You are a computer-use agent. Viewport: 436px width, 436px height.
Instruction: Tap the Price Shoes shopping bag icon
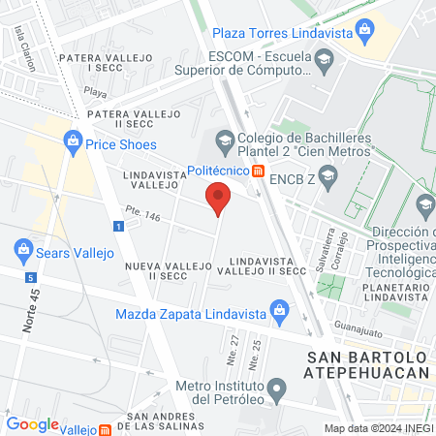pyautogui.click(x=73, y=141)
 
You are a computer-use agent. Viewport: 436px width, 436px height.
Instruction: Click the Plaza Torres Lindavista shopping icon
pyautogui.click(x=364, y=31)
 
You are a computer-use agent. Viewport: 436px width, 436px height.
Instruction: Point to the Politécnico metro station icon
pyautogui.click(x=258, y=171)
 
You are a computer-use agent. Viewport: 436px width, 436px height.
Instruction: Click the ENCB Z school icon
pyautogui.click(x=327, y=175)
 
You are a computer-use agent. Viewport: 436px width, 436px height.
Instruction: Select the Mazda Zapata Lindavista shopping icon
pyautogui.click(x=279, y=312)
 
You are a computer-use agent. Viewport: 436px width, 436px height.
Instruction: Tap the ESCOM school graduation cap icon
pyautogui.click(x=321, y=64)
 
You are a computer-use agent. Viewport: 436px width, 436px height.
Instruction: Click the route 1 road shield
pyautogui.click(x=117, y=226)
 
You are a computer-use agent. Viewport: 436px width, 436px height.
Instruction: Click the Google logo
pyautogui.click(x=32, y=423)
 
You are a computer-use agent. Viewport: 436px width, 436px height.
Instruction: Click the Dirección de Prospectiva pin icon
pyautogui.click(x=423, y=205)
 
